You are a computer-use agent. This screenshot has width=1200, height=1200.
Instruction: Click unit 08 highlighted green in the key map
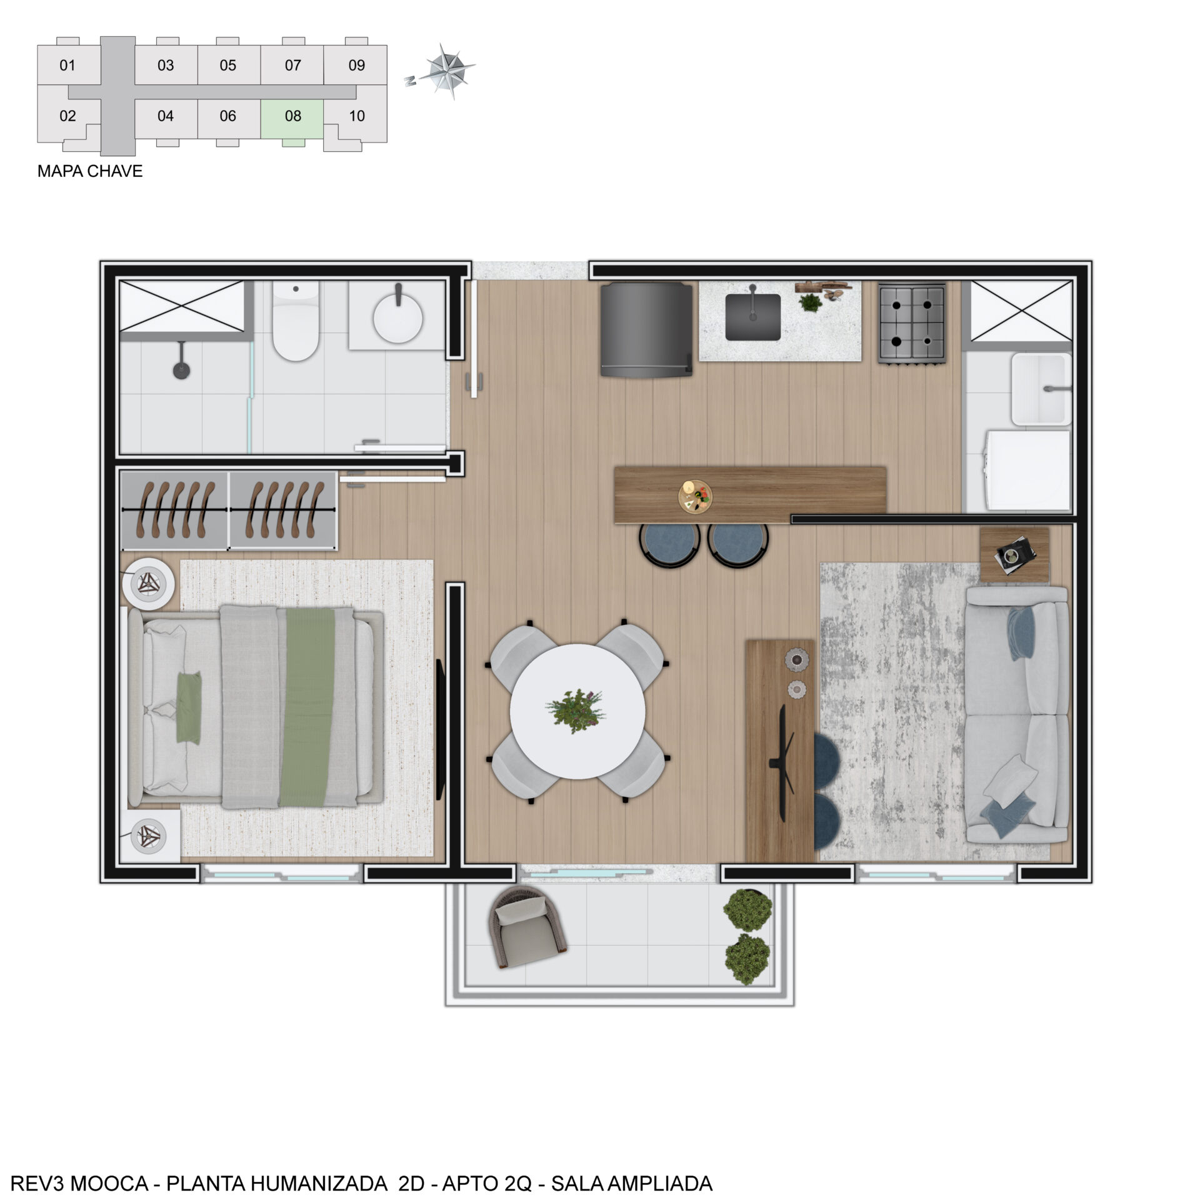pos(292,119)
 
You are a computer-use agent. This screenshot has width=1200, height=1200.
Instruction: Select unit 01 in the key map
pos(68,65)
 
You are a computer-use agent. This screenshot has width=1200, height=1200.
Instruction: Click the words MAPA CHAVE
pos(90,171)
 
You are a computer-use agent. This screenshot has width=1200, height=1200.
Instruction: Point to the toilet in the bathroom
pos(296,320)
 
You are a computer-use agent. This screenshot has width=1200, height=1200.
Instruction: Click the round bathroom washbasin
pos(397,317)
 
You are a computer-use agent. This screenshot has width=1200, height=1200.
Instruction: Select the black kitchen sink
pos(752,316)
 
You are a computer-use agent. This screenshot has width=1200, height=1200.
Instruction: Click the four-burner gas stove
pos(911,322)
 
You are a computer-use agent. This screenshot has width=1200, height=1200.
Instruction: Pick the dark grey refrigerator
pos(646,329)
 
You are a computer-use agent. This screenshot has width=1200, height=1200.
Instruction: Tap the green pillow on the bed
pos(188,707)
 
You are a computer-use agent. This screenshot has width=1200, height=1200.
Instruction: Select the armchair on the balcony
pos(529,927)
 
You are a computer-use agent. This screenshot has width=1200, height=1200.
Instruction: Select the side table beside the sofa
pos(1014,555)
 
